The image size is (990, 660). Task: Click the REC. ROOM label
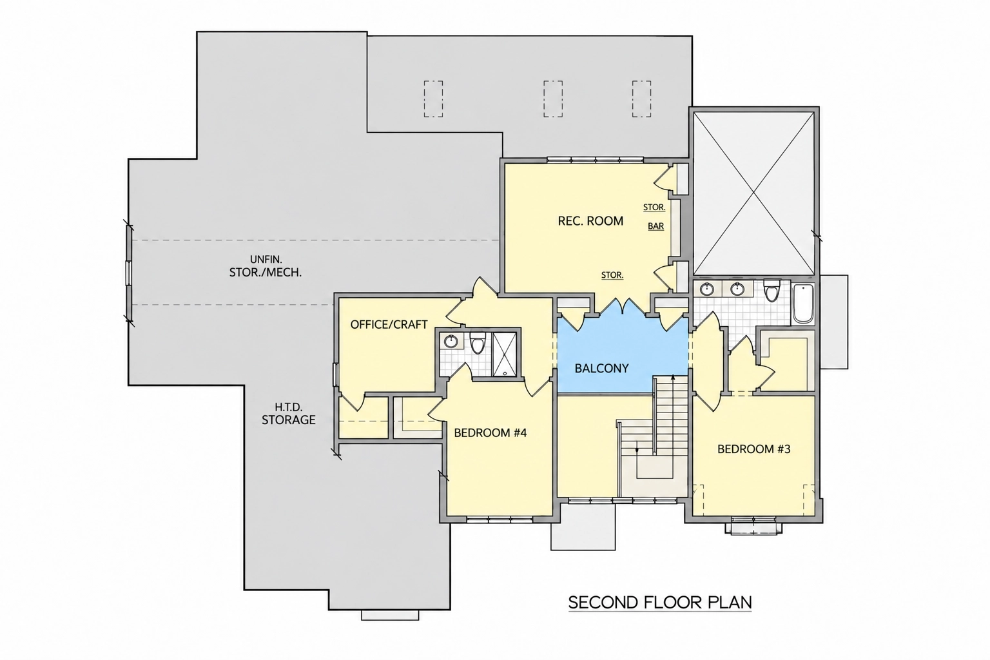(x=590, y=221)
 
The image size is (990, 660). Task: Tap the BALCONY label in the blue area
(x=601, y=368)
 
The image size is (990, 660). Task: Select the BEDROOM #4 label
(x=490, y=432)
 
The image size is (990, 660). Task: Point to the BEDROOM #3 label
(x=753, y=449)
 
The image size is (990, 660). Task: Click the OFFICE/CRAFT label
(x=389, y=324)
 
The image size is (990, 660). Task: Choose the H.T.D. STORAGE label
(x=289, y=414)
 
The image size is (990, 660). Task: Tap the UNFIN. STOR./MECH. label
(x=266, y=266)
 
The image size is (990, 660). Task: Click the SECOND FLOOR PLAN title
(x=660, y=603)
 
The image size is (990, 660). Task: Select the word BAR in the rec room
(x=656, y=226)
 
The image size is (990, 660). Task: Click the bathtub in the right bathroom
(x=803, y=304)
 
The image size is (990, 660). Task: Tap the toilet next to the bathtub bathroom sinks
(x=772, y=291)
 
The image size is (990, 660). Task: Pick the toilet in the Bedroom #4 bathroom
(x=478, y=344)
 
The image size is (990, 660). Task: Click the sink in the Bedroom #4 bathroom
(x=451, y=342)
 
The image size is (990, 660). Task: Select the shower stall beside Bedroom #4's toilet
(x=504, y=354)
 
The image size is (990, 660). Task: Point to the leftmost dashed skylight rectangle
(x=433, y=99)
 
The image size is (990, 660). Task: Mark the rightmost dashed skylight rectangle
(x=641, y=99)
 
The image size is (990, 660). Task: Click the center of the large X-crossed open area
(x=753, y=193)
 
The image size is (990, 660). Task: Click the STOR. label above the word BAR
(x=654, y=208)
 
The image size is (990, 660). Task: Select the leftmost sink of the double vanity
(x=707, y=289)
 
